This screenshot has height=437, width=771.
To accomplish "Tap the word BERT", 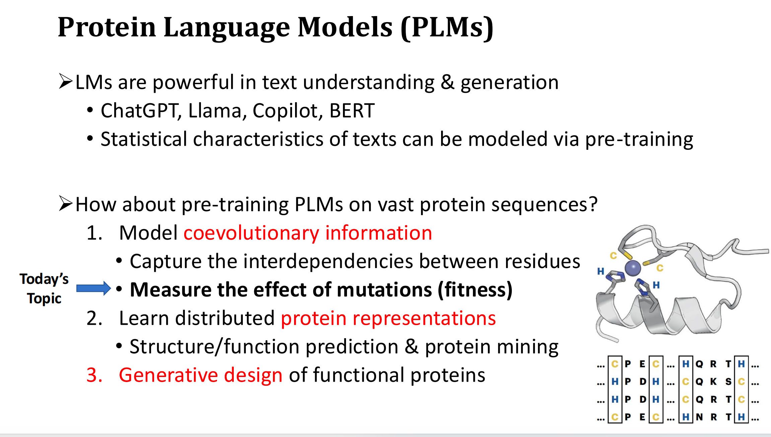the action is point(352,111).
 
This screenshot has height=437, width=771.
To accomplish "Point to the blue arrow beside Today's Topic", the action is point(93,288).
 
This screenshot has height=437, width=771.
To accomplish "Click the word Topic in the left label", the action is point(44,299).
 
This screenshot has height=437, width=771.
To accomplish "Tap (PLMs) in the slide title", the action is point(447,27).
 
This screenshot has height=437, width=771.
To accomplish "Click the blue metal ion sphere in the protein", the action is point(633,268).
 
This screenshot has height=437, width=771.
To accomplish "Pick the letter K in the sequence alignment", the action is point(713,381).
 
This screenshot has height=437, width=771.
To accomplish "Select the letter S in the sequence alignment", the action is point(728,381).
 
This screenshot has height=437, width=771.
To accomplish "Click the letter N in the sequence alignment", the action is point(699,417).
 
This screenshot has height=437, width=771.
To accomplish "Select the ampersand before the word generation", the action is point(447,82).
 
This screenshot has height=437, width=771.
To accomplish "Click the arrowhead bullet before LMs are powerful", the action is point(66,81).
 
